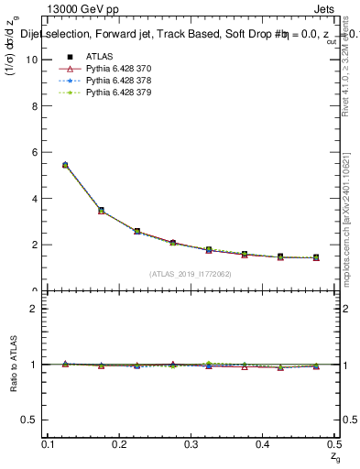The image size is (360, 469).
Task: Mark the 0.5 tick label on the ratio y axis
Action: pyautogui.click(x=29, y=420)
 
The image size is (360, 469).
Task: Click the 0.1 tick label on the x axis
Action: pyautogui.click(x=49, y=444)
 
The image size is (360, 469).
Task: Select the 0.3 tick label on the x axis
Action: pyautogui.click(x=191, y=444)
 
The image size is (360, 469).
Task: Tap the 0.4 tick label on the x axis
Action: pyautogui.click(x=263, y=444)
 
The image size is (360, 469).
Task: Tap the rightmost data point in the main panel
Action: pyautogui.click(x=316, y=257)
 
